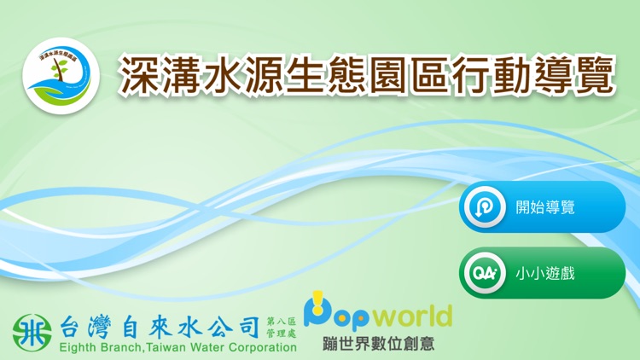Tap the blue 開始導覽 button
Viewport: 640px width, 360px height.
[x=543, y=207]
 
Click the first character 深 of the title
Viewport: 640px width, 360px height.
[x=139, y=75]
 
